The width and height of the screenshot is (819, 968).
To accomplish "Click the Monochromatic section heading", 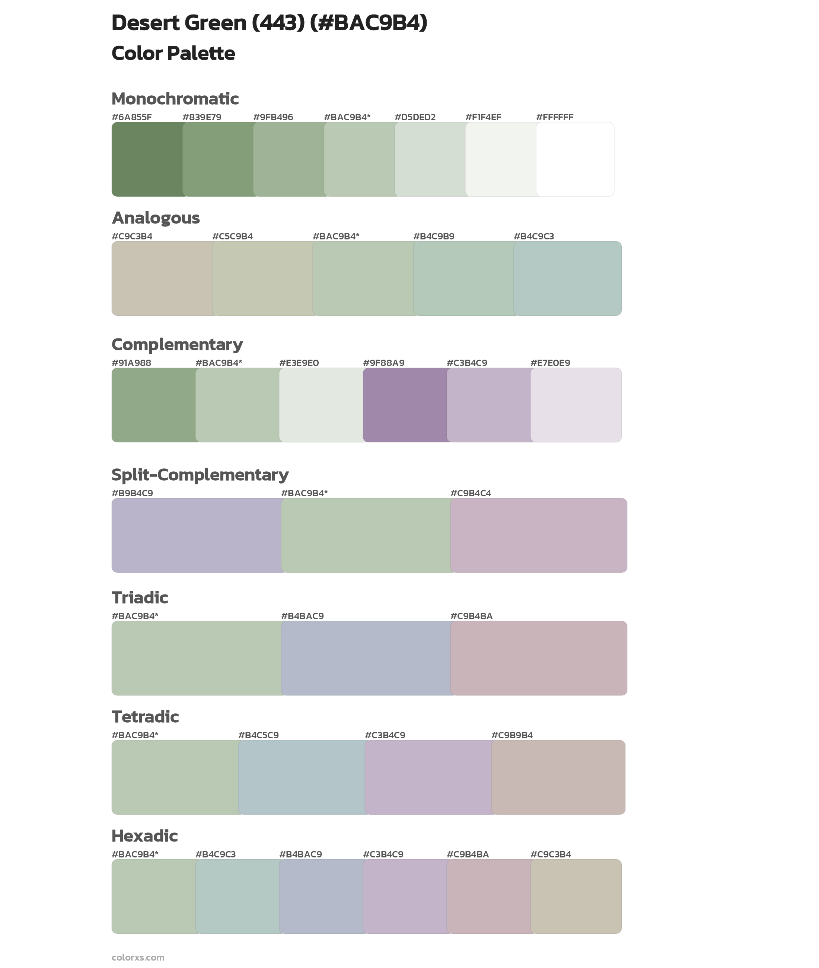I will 175,99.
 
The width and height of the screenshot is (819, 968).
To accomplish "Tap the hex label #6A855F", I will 131,117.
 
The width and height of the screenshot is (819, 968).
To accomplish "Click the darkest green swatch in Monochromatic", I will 147,159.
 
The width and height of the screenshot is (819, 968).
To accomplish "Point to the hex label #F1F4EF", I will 483,117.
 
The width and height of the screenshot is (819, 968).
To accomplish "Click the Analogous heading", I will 156,218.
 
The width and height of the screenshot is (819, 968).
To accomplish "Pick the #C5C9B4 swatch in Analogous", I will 262,278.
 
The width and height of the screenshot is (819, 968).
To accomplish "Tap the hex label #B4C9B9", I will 434,236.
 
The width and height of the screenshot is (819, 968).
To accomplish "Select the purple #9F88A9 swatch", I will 404,405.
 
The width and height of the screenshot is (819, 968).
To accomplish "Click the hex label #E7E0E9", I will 550,363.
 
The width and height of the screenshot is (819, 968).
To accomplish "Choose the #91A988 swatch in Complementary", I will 153,405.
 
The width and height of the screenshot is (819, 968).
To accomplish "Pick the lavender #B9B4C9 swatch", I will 196,535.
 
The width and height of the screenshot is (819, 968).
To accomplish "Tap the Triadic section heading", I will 140,598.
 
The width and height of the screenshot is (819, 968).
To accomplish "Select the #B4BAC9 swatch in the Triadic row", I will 366,658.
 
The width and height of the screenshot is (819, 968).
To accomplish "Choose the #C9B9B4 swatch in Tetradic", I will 558,777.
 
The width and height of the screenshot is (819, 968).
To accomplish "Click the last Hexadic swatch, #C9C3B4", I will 576,896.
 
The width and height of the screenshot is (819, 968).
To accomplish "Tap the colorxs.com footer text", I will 138,957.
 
